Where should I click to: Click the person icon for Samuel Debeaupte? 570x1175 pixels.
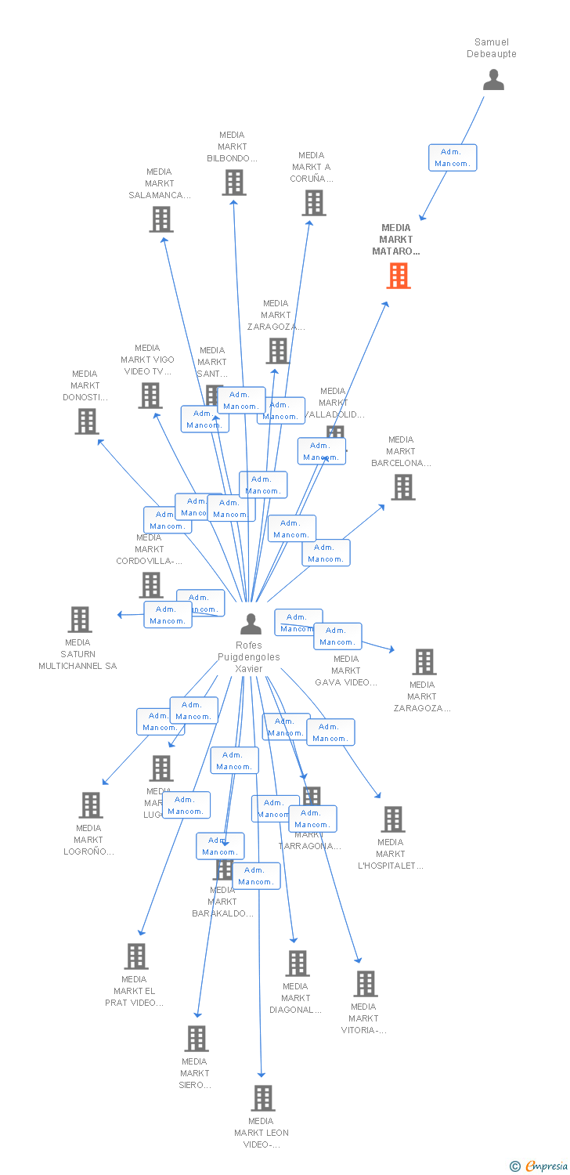(493, 80)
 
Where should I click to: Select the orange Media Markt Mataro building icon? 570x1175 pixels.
(399, 276)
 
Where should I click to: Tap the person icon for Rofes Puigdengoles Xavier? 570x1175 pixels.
(251, 624)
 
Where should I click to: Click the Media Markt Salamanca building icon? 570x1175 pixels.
(161, 219)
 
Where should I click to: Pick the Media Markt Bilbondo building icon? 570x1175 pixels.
(233, 183)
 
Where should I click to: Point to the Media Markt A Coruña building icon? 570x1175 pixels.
(314, 203)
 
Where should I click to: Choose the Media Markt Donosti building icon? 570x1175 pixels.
(86, 421)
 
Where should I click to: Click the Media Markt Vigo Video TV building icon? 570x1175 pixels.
(150, 396)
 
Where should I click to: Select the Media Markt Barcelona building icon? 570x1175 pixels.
(403, 487)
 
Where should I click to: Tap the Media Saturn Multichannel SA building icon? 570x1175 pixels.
(79, 620)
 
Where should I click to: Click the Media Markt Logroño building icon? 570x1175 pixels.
(91, 805)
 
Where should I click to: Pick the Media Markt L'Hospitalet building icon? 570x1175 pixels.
(392, 819)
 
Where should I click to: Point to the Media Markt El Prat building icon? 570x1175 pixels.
(136, 956)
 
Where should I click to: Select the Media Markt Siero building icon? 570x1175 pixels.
(196, 1039)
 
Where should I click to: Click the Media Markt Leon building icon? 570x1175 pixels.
(263, 1098)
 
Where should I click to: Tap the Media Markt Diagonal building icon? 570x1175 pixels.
(298, 963)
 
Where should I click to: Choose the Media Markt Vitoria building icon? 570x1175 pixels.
(366, 984)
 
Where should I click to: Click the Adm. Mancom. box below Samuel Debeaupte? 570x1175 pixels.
(453, 157)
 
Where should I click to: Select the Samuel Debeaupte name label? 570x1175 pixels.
(492, 48)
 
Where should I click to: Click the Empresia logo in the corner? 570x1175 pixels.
(539, 1166)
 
